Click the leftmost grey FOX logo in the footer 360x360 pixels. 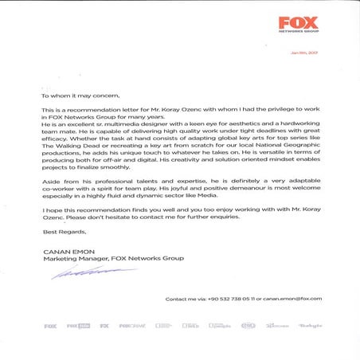pyautogui.click(x=50, y=326)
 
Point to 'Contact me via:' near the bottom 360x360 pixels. pyautogui.click(x=183, y=299)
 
